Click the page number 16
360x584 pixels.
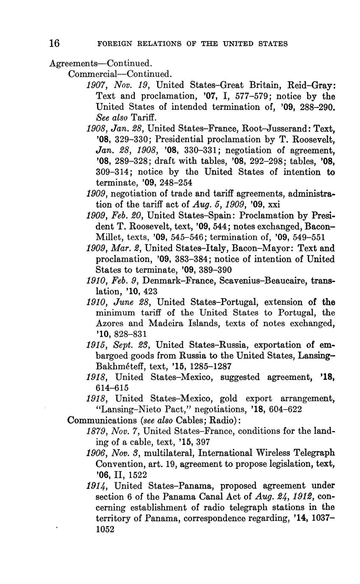coord(54,43)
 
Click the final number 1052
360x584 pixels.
coord(105,529)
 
